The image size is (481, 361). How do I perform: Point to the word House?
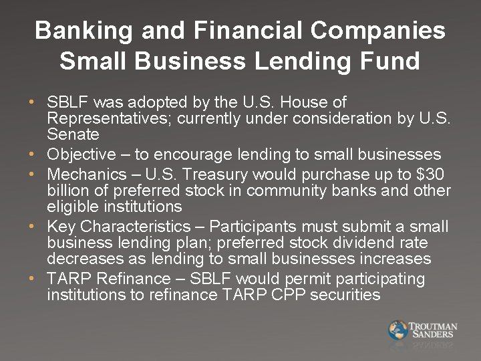tap(305, 102)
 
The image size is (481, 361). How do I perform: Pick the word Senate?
tap(73, 134)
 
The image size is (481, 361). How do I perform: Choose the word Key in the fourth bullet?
tap(61, 226)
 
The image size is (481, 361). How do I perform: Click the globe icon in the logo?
tap(397, 330)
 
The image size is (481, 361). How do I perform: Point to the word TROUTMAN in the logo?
tap(433, 326)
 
